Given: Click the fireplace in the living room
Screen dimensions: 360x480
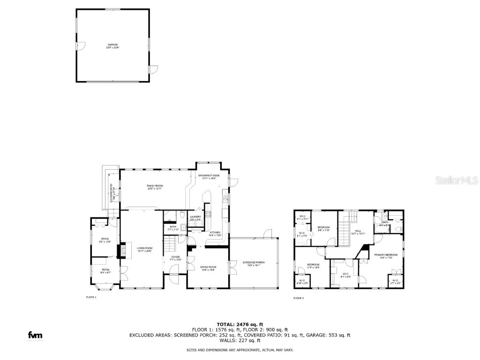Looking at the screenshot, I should (x=123, y=250).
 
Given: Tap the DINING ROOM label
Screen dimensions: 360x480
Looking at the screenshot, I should (x=208, y=268).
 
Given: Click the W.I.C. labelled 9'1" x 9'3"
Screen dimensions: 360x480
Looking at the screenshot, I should (x=346, y=275).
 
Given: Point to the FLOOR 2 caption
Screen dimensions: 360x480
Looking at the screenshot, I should (x=299, y=298).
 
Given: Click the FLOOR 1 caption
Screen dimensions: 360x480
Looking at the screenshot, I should (x=91, y=297).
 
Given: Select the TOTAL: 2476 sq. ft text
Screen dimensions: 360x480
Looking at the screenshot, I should (x=240, y=324).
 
